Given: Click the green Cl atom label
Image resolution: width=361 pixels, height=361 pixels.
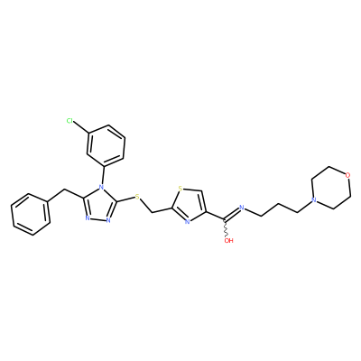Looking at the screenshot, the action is click(69, 121).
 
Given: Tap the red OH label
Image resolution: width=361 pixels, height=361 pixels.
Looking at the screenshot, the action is click(229, 240).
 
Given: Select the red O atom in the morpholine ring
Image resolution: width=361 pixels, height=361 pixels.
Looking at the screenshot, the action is click(348, 175).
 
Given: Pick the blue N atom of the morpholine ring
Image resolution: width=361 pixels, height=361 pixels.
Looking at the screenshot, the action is click(314, 200).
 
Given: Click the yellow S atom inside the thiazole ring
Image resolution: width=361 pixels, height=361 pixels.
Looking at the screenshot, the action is click(180, 189).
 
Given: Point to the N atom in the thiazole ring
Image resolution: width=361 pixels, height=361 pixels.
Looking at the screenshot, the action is click(187, 222).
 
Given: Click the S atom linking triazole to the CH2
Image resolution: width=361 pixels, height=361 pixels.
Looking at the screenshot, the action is click(137, 197).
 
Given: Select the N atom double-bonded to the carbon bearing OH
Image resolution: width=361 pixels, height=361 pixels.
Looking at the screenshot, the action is click(241, 207).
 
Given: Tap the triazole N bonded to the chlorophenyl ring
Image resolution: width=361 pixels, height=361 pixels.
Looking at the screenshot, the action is click(102, 190).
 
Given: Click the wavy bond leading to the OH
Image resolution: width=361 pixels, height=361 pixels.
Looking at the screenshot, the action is click(226, 227).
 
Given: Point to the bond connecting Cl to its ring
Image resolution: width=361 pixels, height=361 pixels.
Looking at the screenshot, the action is click(81, 127).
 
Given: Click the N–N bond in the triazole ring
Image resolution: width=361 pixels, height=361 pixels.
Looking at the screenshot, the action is click(97, 219).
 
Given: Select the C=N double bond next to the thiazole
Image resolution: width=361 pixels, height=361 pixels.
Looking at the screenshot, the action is click(231, 213).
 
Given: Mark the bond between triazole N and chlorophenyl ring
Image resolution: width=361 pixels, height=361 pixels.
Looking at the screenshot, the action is click(104, 176).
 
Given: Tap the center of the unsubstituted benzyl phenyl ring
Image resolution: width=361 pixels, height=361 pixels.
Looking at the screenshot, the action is click(31, 214).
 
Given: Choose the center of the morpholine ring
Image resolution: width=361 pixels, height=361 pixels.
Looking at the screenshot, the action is click(331, 188).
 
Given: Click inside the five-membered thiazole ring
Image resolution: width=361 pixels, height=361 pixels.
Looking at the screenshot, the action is click(189, 206).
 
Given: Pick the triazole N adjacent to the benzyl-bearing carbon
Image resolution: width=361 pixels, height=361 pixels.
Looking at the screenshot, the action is click(87, 218).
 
